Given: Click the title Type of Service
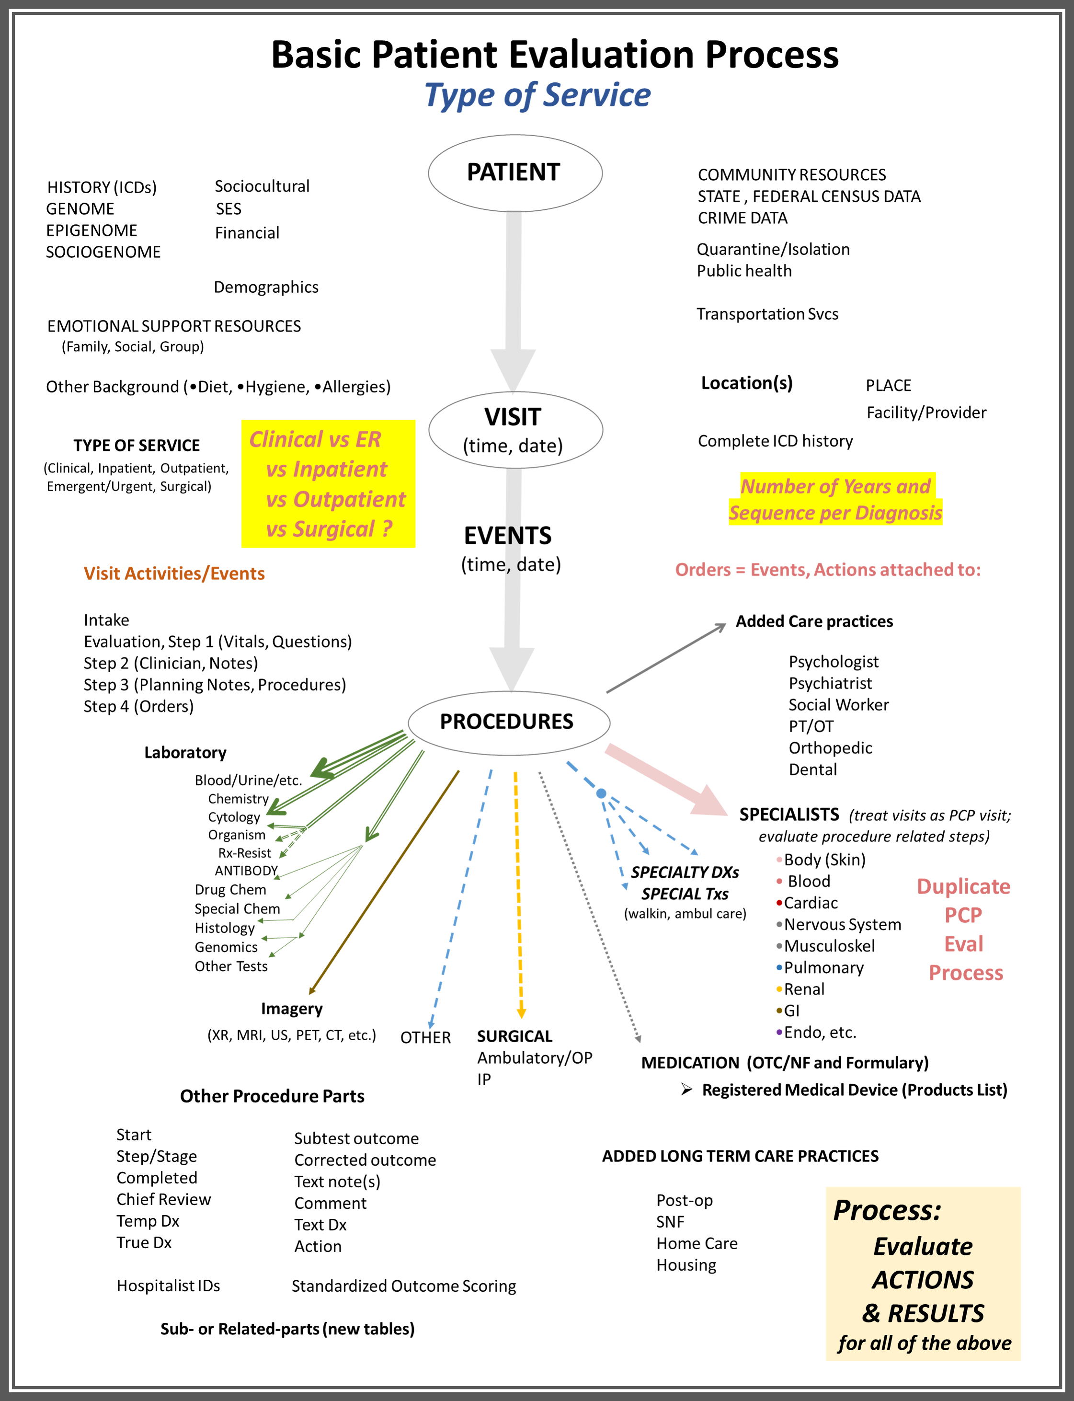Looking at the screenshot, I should pos(537,96).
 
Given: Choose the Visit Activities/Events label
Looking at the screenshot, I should pos(174,574).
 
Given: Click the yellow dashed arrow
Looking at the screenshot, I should pos(518,895).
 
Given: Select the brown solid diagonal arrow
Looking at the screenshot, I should pos(384,883).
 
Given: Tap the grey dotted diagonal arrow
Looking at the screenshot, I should pos(588,908).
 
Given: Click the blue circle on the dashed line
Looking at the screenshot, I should pos(601,793).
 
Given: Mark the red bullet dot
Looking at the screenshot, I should pos(778,903).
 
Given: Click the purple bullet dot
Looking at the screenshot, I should pos(778,1032).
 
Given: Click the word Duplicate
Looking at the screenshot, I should pos(963,886).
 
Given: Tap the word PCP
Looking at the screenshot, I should pos(963,915).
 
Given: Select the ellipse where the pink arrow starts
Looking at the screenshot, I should pos(509,723).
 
